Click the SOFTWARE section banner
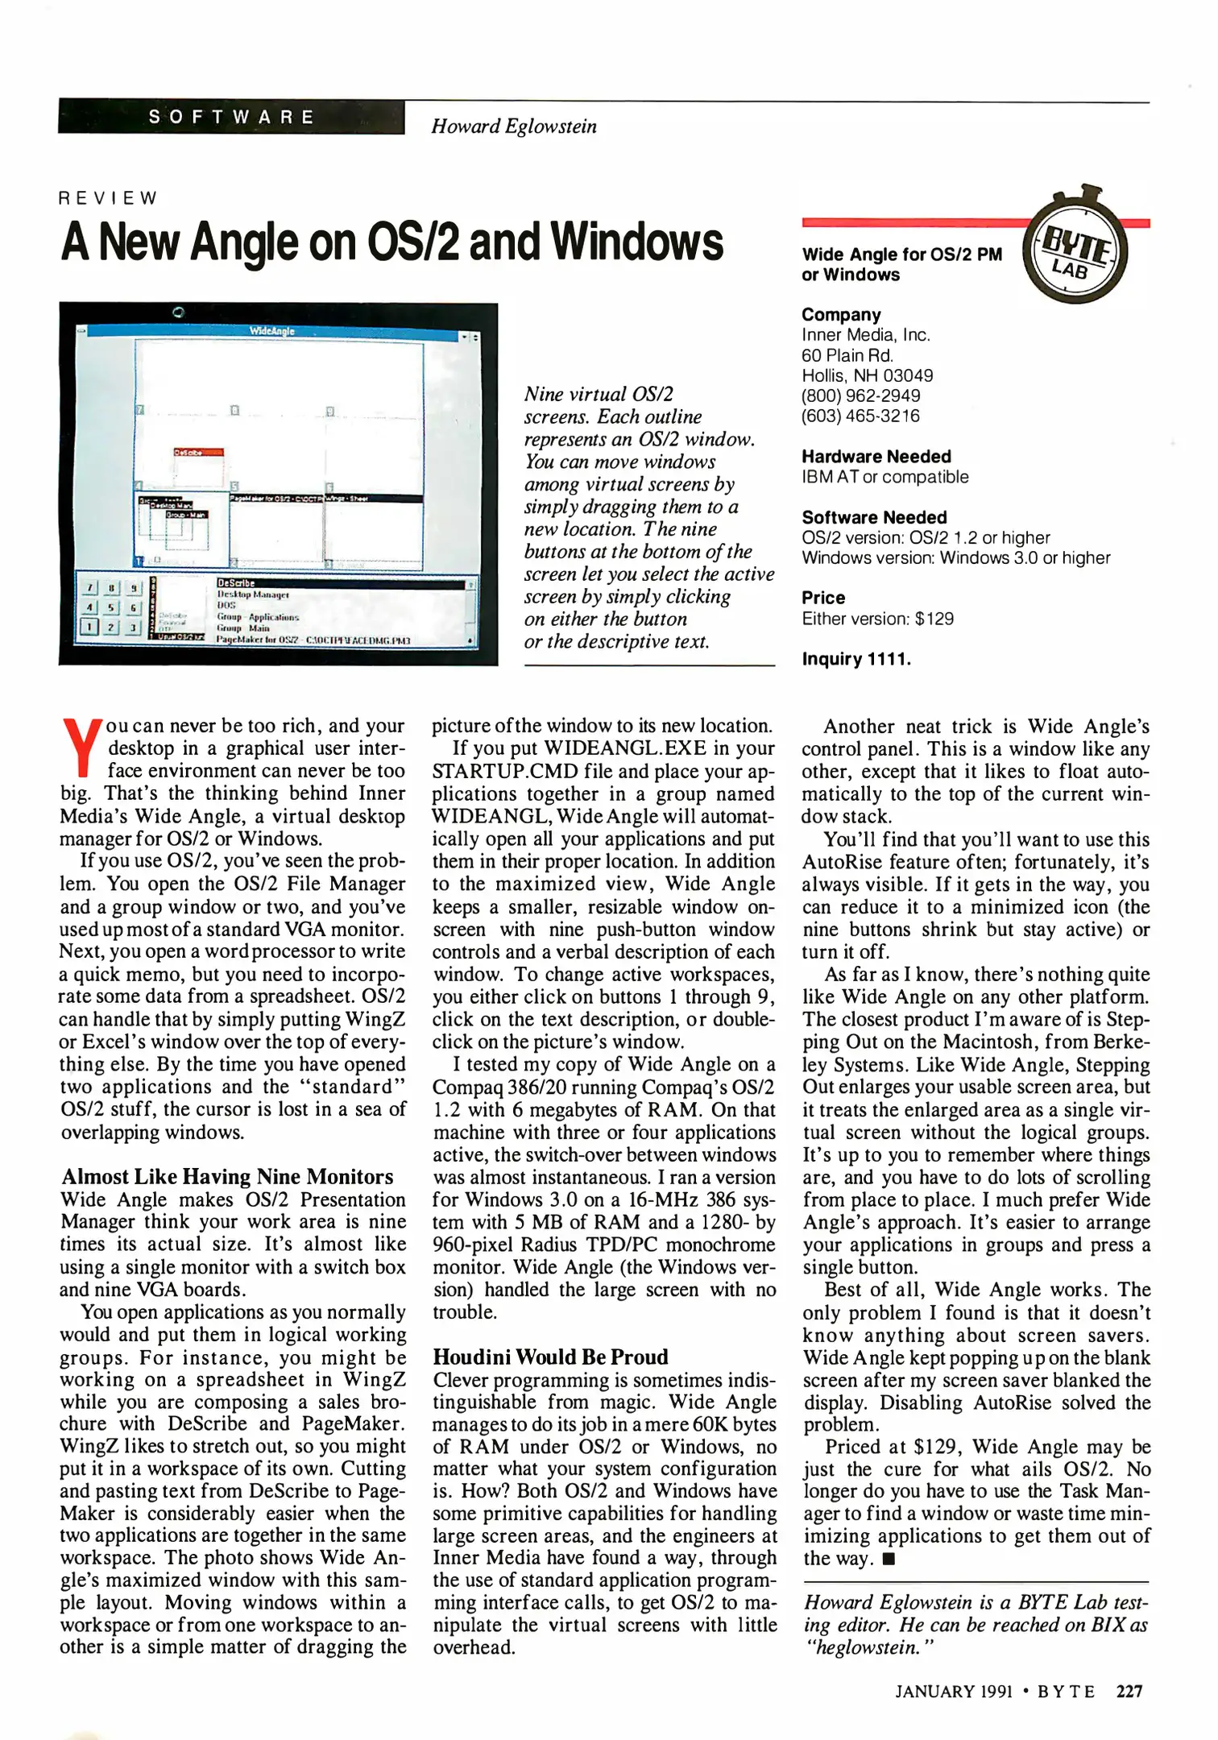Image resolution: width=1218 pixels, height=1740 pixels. tap(231, 117)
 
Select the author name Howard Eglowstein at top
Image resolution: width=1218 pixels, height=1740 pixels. tap(514, 126)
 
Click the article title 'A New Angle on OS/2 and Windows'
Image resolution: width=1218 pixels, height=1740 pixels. tap(392, 242)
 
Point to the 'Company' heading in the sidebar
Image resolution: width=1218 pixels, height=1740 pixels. tap(841, 315)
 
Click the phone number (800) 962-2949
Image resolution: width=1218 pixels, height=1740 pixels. tap(860, 396)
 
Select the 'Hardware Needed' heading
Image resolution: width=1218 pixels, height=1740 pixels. tap(876, 457)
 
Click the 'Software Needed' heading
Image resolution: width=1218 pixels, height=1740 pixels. tap(874, 517)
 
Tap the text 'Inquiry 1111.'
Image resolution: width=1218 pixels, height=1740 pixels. tap(856, 659)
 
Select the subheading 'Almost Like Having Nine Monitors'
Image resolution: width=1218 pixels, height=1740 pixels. tap(227, 1177)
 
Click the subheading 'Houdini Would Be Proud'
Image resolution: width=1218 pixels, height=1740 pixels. tap(550, 1357)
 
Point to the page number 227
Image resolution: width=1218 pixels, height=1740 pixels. tap(1129, 1692)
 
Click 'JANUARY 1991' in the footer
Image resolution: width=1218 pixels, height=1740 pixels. tap(953, 1692)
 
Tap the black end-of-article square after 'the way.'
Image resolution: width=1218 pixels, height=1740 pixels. tap(889, 1559)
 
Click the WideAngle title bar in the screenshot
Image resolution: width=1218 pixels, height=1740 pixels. tap(272, 331)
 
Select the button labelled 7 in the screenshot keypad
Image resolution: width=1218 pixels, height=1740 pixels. tap(91, 589)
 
